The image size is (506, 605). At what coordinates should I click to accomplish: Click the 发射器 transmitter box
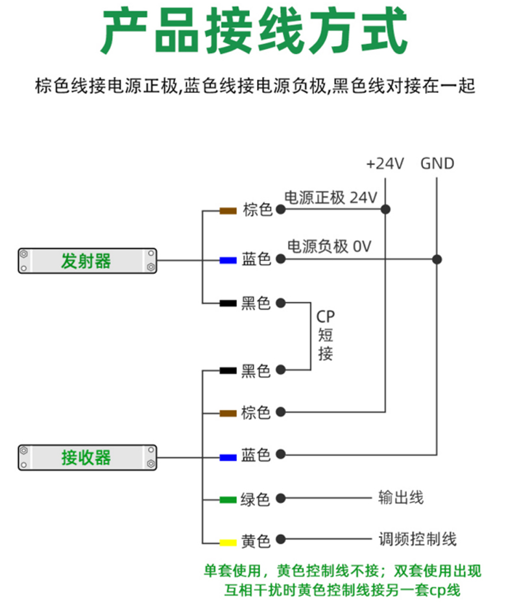[86, 261]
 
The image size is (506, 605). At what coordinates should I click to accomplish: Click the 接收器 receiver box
[86, 457]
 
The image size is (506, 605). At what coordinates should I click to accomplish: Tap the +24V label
[385, 164]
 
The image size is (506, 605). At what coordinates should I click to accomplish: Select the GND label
[437, 164]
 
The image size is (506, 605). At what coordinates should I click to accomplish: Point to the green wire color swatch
[228, 499]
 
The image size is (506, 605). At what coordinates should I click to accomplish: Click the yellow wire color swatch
[228, 541]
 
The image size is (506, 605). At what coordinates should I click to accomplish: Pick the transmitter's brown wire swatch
[228, 210]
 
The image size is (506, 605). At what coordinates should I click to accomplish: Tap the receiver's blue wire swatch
[228, 457]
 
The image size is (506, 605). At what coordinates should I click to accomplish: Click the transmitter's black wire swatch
[228, 302]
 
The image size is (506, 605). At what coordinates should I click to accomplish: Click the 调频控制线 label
[418, 539]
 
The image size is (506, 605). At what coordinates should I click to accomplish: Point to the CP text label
[326, 317]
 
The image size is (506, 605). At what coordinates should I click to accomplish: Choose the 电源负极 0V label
[329, 246]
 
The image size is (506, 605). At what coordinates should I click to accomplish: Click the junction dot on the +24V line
[385, 210]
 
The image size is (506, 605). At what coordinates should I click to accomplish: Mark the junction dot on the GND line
[437, 259]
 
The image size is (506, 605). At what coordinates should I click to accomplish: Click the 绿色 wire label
[256, 500]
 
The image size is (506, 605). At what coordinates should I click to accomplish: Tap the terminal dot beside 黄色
[280, 540]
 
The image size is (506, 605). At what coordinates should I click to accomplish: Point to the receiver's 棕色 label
[256, 414]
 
